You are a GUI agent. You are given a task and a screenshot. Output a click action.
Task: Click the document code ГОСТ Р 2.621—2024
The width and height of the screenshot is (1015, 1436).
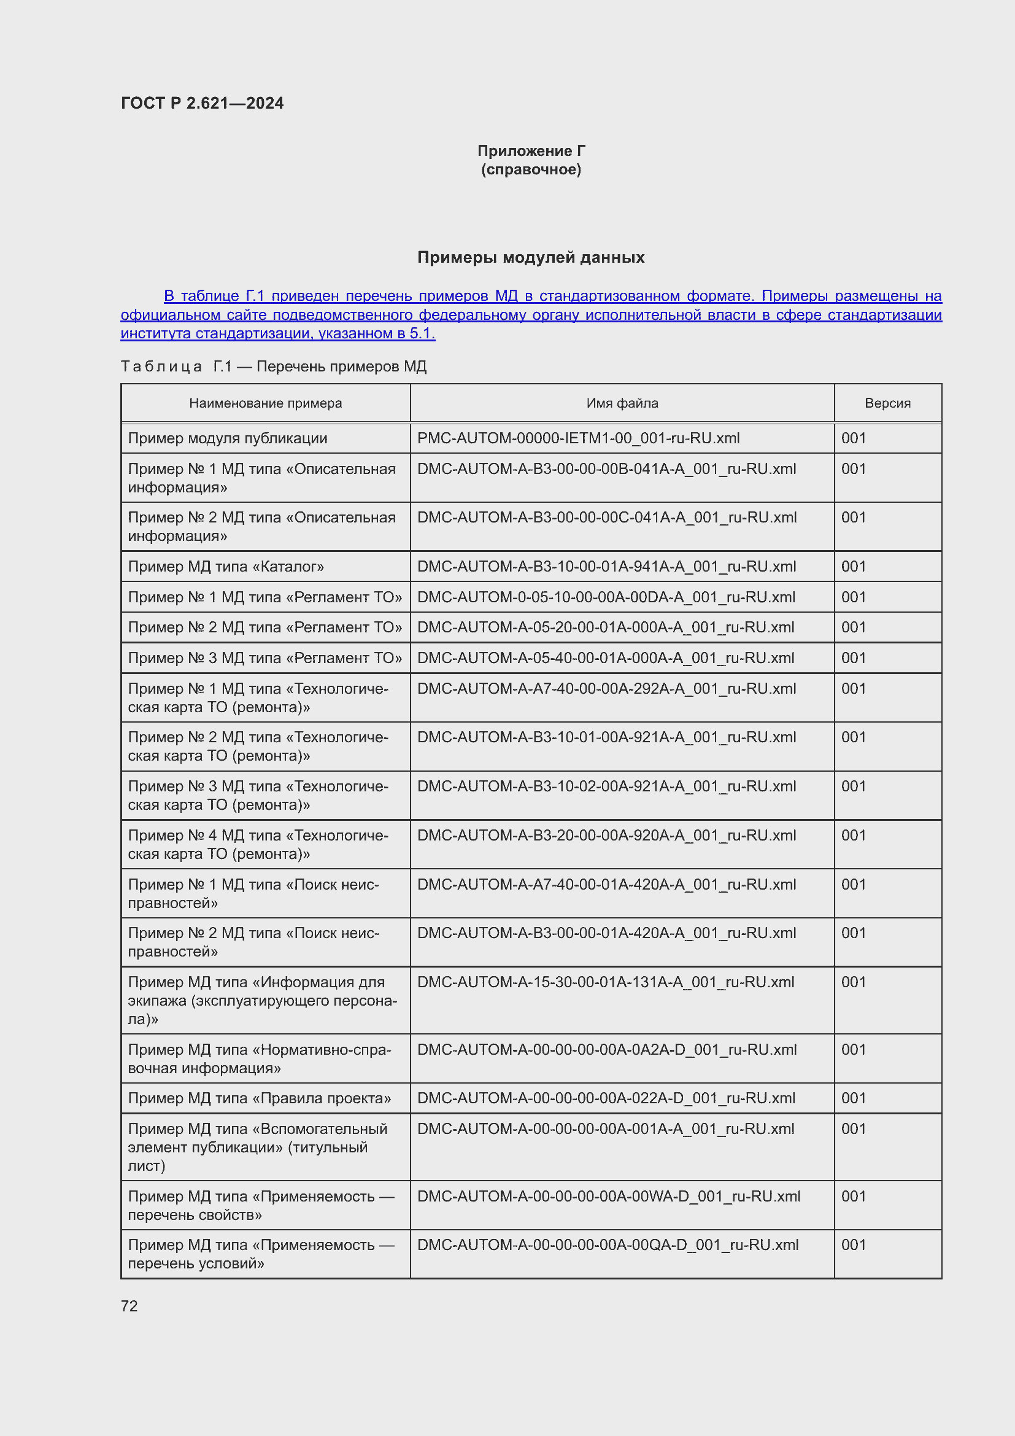coord(202,103)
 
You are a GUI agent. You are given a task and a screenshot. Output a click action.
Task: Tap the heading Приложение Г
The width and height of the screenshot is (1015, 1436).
coord(531,151)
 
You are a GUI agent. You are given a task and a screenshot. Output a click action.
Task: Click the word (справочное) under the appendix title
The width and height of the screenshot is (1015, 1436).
coord(531,169)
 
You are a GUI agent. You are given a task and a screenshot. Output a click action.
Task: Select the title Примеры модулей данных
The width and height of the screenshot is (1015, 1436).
coord(531,257)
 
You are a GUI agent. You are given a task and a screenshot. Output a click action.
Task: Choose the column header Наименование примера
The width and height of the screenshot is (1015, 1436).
coord(266,403)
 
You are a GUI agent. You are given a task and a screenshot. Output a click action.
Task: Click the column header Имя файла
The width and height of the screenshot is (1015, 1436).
coord(622,403)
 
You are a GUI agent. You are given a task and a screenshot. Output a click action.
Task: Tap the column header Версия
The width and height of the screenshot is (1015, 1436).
coord(887,403)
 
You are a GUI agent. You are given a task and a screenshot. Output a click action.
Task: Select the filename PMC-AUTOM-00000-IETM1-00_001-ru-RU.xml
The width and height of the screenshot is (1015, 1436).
coord(578,438)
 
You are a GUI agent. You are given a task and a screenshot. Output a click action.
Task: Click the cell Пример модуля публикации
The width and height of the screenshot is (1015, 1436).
coord(228,438)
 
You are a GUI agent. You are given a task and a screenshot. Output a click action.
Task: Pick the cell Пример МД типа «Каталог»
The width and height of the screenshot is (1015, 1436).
coord(226,567)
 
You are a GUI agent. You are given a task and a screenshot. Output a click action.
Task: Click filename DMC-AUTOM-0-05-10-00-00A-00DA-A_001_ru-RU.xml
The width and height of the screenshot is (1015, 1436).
coord(606,597)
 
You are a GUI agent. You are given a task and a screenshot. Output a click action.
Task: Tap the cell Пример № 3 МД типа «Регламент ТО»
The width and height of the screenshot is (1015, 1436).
coord(265,658)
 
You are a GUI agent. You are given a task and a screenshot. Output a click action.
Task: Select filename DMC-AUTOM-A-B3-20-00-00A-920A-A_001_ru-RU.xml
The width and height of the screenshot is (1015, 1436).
coord(606,836)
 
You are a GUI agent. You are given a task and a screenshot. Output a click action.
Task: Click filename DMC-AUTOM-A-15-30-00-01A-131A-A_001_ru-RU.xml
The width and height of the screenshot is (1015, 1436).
coord(605,982)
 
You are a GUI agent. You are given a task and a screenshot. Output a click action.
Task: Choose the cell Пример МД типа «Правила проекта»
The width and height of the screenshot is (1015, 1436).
coord(260,1098)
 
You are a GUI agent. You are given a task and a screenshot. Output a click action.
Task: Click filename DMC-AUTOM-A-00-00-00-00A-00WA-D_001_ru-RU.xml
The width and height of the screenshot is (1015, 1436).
coord(608,1197)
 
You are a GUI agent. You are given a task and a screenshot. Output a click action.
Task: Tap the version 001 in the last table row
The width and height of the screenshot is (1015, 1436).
coord(853,1245)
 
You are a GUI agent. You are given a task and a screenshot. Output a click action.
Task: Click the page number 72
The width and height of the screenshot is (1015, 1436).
coord(129,1306)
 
